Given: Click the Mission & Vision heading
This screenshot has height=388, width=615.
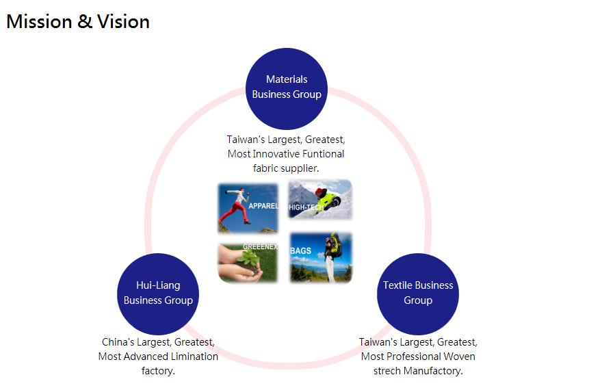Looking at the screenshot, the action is pyautogui.click(x=78, y=22).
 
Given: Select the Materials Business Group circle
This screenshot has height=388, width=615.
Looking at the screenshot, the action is pyautogui.click(x=287, y=89).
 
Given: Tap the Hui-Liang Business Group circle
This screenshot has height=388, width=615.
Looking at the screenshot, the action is pyautogui.click(x=158, y=294).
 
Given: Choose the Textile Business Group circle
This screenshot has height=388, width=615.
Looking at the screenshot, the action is pyautogui.click(x=418, y=294).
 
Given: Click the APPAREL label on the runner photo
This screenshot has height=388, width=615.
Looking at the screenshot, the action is pyautogui.click(x=263, y=206).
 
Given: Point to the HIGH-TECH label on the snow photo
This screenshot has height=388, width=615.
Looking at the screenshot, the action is pyautogui.click(x=306, y=207).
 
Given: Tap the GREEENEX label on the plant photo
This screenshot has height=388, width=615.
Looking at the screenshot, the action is pyautogui.click(x=260, y=246).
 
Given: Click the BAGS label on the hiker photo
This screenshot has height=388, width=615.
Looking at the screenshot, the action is pyautogui.click(x=300, y=250).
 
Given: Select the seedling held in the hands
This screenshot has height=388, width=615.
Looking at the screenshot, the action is pyautogui.click(x=249, y=260).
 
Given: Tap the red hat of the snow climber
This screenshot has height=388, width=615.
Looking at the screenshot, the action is pyautogui.click(x=321, y=192).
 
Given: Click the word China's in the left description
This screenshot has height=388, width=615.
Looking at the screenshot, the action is pyautogui.click(x=118, y=342).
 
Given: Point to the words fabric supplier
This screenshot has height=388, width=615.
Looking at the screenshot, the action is pyautogui.click(x=286, y=168).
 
